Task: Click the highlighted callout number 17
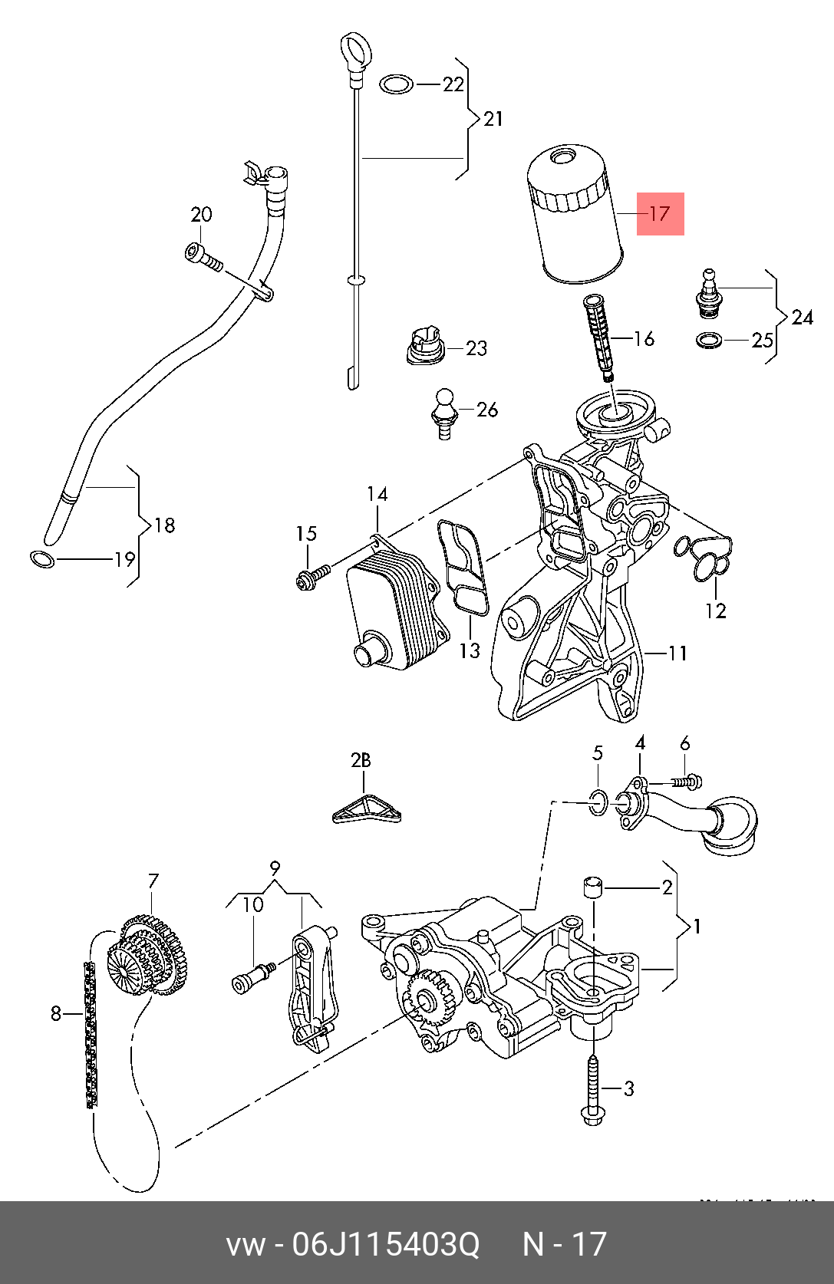[660, 214]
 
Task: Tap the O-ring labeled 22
[397, 84]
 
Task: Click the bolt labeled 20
[204, 257]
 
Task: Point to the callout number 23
[476, 348]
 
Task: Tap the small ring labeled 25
[709, 339]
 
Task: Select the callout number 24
[802, 317]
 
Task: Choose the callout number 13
[470, 650]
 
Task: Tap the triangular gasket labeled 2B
[367, 810]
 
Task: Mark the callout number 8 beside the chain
[55, 1014]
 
